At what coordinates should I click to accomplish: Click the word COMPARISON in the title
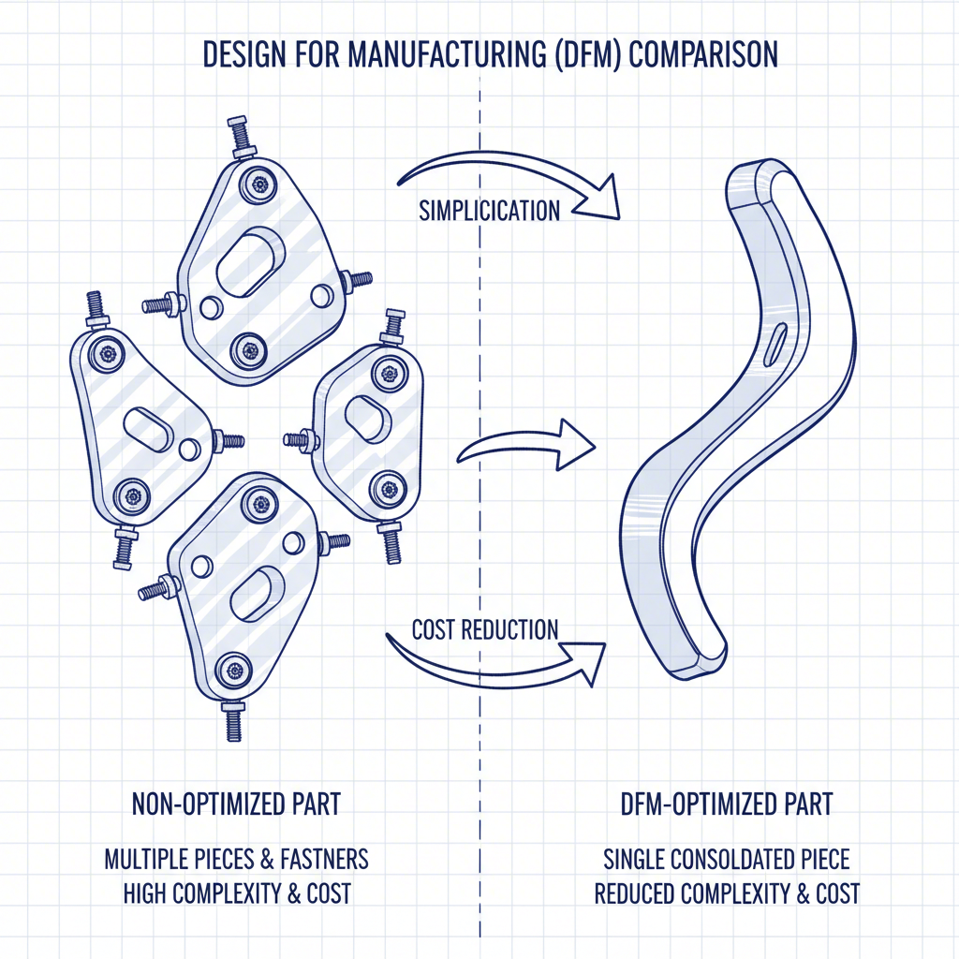(x=703, y=54)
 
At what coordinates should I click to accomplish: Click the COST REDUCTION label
(x=485, y=628)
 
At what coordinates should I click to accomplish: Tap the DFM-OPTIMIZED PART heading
(x=727, y=804)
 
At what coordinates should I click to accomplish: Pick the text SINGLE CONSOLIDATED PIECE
(x=726, y=858)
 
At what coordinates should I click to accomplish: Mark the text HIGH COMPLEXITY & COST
(x=237, y=893)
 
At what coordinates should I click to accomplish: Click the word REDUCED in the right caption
(x=635, y=893)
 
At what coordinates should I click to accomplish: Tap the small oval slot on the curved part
(x=775, y=344)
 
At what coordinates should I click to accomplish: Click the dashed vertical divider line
(x=479, y=749)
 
